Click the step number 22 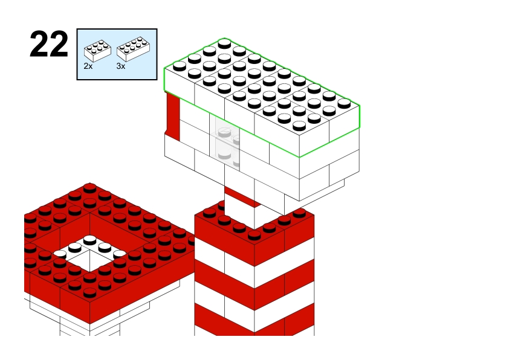49,44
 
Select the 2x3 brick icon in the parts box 97,51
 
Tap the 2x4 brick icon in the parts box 134,49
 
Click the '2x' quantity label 88,66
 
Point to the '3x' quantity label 121,66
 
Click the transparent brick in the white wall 225,142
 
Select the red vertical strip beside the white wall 173,117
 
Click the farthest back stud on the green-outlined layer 224,43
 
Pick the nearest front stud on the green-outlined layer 299,126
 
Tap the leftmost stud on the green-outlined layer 180,66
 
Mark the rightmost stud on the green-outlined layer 344,103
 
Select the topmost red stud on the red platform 89,188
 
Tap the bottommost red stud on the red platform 89,292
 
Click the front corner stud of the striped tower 254,235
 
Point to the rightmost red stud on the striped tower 299,213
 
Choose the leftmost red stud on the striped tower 209,213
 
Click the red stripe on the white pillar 242,196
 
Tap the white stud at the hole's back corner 89,240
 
